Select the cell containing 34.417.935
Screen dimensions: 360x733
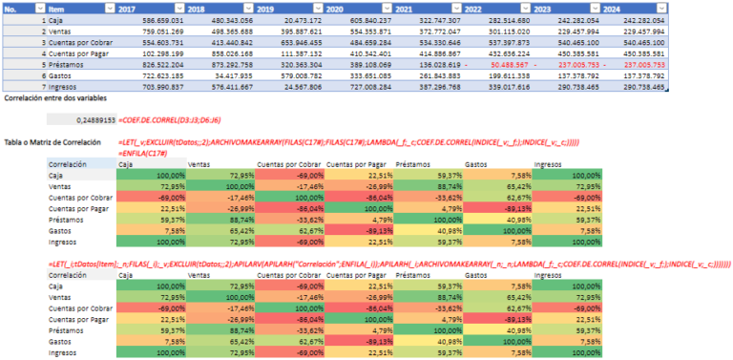click(234, 74)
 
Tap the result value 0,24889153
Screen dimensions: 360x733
click(94, 120)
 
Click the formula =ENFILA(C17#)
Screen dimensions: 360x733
click(143, 151)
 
